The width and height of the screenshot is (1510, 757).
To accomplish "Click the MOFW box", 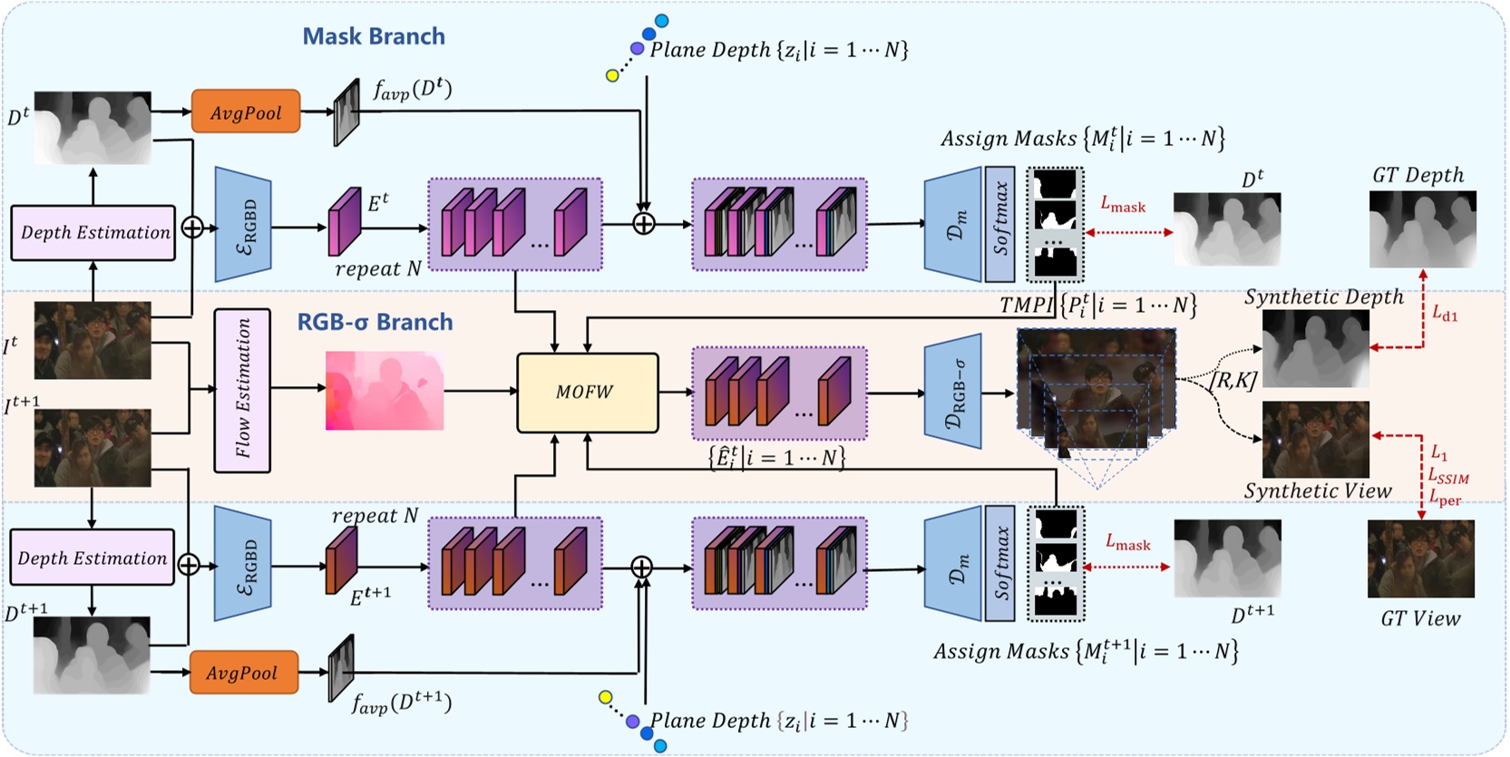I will point(587,393).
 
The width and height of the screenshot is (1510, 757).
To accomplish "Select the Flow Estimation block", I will point(242,390).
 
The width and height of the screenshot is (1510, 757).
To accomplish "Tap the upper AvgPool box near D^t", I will point(246,112).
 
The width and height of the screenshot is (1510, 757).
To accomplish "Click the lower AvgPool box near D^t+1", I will point(243,672).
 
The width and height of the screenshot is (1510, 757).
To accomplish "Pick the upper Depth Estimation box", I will point(93,232).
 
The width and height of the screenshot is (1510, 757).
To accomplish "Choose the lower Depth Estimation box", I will point(92,558).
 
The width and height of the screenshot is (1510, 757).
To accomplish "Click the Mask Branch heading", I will point(374,36).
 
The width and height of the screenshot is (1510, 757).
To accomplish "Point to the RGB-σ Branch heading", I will point(375,322).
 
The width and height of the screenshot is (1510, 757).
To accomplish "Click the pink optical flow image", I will point(385,391).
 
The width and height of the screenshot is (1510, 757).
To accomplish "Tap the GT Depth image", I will point(1422,228).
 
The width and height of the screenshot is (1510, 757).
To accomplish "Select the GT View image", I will point(1420,558).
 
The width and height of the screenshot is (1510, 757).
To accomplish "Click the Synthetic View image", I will point(1315,440).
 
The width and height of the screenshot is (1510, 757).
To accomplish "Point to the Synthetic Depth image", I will point(1315,348).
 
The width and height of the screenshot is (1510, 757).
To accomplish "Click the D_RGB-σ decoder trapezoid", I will point(953,392).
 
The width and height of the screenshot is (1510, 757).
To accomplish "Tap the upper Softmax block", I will point(999,224).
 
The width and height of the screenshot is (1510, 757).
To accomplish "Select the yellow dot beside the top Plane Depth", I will point(612,76).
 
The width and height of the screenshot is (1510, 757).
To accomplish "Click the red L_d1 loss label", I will point(1445,314).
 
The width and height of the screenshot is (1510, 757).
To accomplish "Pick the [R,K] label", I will point(1233,381).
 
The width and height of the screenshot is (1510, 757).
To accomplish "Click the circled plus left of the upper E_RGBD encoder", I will point(192,227).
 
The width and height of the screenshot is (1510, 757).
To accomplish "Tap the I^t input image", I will point(93,340).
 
